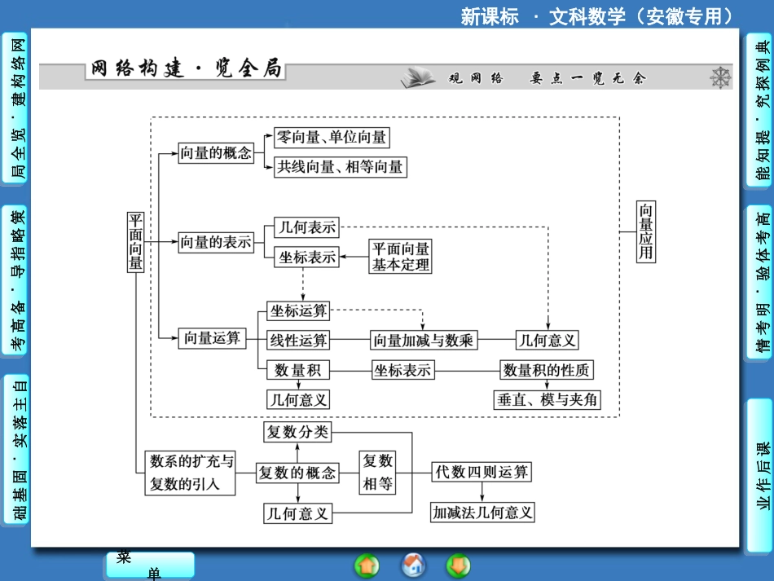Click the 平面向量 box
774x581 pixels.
136,230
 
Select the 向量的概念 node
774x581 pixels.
215,152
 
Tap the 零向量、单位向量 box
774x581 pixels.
332,137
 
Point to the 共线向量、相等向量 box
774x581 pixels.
340,166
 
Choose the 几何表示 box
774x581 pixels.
306,227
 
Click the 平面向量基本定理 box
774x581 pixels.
400,256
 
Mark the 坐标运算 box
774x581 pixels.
298,310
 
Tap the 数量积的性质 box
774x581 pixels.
546,369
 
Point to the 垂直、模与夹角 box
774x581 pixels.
547,398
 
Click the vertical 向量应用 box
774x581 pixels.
645,231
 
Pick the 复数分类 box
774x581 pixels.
297,431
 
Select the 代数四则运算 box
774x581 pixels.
482,471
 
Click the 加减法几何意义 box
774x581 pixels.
482,512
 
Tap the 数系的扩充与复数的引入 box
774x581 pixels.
191,472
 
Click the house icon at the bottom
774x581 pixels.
414,564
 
